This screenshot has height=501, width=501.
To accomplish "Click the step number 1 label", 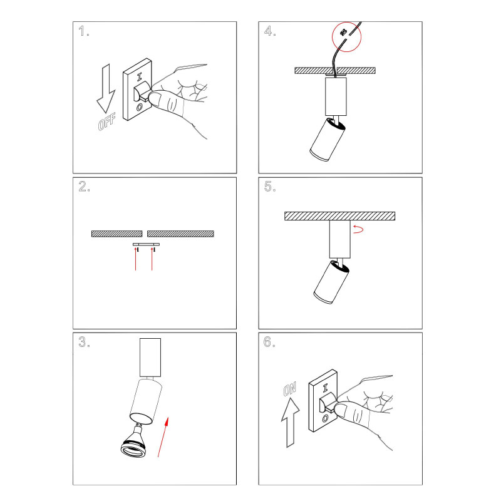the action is [84, 31].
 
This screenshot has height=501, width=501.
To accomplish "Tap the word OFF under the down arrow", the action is [107, 121].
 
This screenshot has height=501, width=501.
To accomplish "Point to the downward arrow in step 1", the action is [106, 88].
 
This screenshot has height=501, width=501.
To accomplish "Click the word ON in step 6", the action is [290, 389].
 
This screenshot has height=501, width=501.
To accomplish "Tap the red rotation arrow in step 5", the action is [358, 229].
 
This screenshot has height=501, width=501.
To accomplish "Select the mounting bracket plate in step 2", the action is [146, 244].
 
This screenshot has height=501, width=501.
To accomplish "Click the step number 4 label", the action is [270, 31].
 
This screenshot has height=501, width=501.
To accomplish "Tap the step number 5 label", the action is [270, 187].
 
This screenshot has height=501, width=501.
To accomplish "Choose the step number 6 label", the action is [269, 342].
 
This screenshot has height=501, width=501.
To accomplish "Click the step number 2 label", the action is [85, 187].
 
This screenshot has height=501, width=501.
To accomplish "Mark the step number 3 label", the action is [85, 342].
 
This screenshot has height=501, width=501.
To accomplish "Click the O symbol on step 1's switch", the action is [139, 107].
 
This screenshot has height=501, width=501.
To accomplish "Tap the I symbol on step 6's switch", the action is [325, 388].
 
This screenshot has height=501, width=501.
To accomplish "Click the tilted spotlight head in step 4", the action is [328, 140].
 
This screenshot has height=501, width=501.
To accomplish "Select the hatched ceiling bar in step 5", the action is [339, 216].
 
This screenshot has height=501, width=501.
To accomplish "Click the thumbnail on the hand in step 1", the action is [155, 98].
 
